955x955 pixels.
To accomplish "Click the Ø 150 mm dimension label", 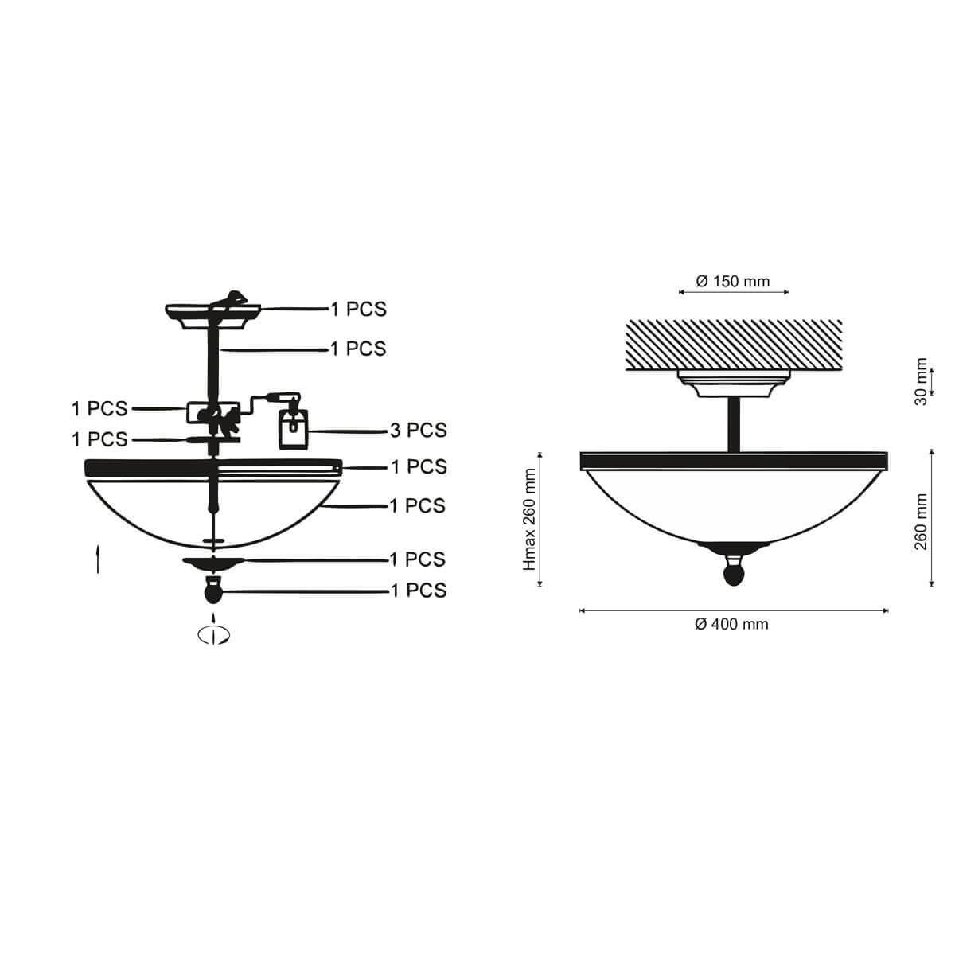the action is point(732,282).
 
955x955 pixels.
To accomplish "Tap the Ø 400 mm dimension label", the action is point(731,624).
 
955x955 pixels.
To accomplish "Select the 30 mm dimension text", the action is point(920,381).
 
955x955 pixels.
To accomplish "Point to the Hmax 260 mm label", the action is point(529,519).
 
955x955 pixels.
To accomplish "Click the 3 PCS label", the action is point(419,431).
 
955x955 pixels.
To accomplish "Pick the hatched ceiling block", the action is point(734,345).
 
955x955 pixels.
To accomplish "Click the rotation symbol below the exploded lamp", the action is point(213,634).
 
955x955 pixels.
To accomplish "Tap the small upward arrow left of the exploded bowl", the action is point(98,559).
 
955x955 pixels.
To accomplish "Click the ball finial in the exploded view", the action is point(213,590).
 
